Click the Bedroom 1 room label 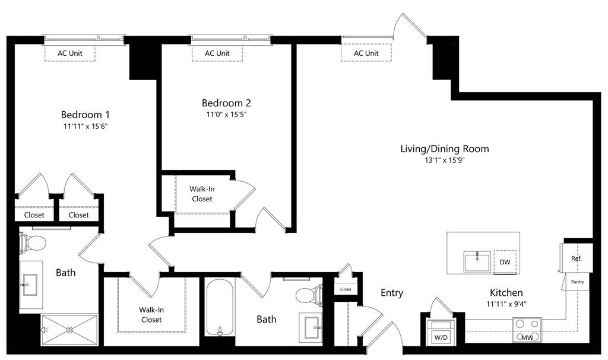point(85,115)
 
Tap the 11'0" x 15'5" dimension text point(226,115)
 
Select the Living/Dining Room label point(444,149)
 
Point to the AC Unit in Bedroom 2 point(217,53)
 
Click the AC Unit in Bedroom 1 point(70,53)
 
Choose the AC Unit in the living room point(366,53)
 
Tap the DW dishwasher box point(505,262)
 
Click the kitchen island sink point(477,262)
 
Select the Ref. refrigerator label point(576,258)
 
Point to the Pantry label point(577,282)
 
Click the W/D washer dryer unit point(441,331)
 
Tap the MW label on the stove point(527,337)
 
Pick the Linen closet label point(346,289)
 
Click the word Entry point(392,293)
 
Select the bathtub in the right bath point(220,308)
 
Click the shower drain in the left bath point(70,330)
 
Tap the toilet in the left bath point(32,243)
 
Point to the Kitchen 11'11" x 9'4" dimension point(506,304)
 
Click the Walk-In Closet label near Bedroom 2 point(202,194)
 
